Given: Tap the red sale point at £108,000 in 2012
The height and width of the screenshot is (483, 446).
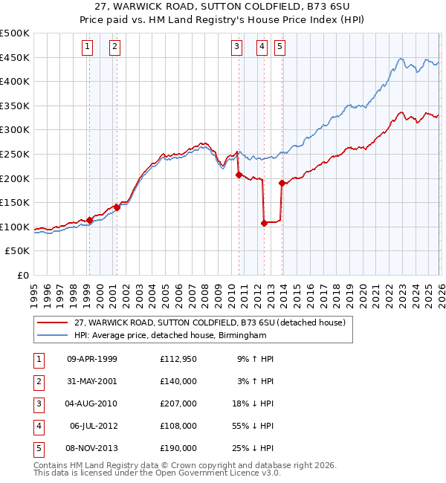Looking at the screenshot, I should [x=264, y=222].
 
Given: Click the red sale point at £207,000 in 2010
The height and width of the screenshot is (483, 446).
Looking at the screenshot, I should [x=239, y=175].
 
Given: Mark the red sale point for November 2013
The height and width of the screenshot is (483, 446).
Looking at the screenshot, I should [x=282, y=183].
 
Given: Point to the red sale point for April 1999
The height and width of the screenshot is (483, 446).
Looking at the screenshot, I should [x=89, y=220].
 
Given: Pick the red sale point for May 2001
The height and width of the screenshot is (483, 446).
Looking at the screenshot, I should [x=117, y=207].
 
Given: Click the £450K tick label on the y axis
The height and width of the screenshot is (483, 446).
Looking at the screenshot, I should [x=15, y=57].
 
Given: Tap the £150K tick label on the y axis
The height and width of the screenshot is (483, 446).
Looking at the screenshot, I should [x=15, y=202].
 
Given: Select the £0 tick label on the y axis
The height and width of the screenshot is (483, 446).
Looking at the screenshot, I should [x=22, y=275].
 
